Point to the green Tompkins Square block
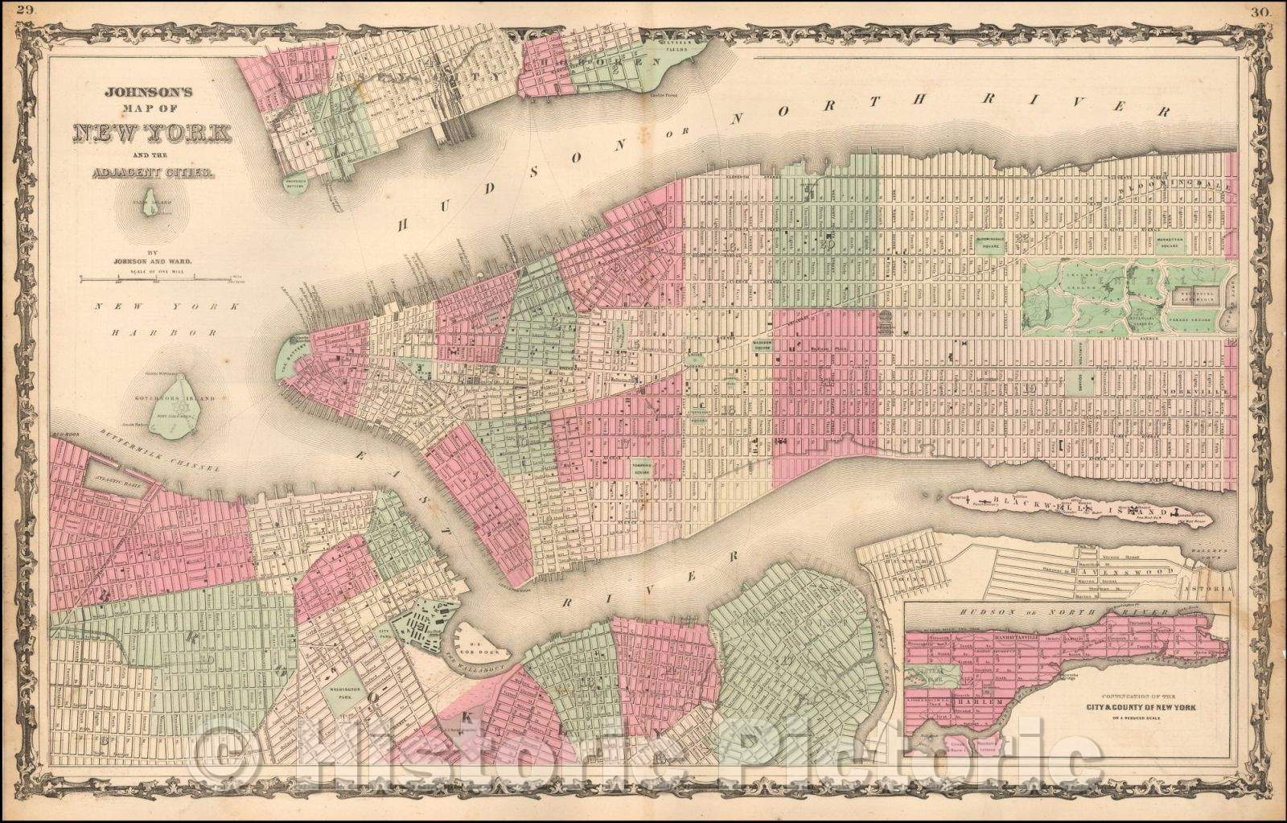point(641,469)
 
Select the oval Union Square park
point(697,361)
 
